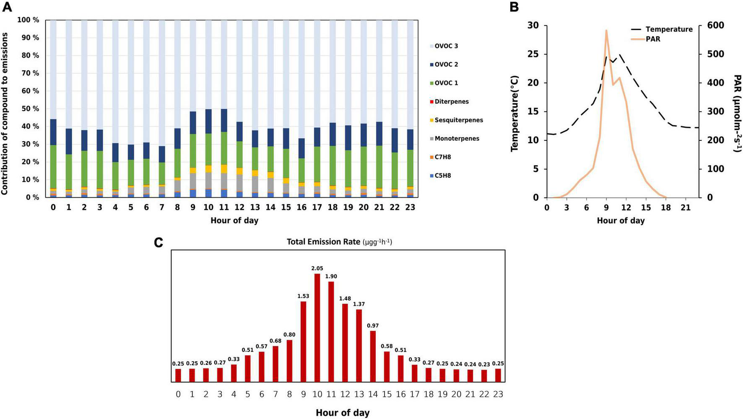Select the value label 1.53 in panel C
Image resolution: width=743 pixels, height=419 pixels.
click(303, 296)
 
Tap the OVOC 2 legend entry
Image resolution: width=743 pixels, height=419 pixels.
click(446, 65)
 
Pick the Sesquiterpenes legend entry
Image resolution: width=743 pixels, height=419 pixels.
click(458, 120)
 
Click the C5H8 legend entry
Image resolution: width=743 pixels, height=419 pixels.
click(442, 176)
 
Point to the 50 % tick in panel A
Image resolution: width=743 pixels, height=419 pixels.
click(29, 109)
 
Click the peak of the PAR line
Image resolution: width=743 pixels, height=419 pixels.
click(606, 31)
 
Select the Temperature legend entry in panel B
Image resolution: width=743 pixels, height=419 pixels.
click(669, 29)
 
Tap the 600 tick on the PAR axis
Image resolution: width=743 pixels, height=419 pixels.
click(716, 26)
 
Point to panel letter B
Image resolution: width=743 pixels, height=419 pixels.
click(514, 7)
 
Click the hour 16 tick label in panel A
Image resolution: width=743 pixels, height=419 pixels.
click(301, 207)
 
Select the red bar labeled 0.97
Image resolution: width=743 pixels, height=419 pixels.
click(373, 356)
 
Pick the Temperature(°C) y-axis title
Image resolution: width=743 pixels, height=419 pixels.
click(515, 113)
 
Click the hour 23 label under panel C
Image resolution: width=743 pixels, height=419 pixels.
click(498, 394)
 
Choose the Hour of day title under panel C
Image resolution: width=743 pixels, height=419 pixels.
click(343, 413)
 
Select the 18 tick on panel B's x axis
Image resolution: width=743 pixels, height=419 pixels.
click(665, 208)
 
